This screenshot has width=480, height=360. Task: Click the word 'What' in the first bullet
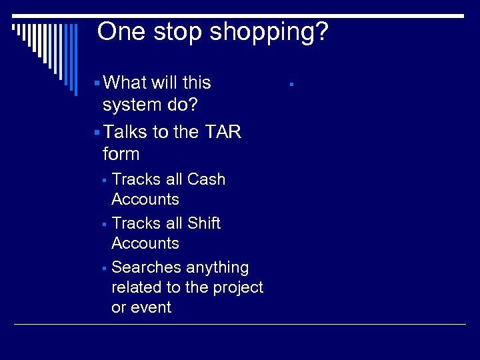[127, 83]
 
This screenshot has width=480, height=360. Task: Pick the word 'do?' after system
[183, 105]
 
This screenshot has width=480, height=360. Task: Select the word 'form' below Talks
[121, 154]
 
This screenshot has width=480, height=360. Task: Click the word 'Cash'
[206, 179]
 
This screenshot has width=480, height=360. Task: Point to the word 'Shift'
[203, 223]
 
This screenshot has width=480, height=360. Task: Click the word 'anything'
[217, 267]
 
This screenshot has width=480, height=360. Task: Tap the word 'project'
[238, 287]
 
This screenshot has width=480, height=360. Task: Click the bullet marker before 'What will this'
[97, 83]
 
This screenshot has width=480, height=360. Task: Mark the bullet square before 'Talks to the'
[97, 133]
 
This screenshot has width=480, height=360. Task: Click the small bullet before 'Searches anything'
[105, 269]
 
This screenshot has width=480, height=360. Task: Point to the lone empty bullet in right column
[291, 85]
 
